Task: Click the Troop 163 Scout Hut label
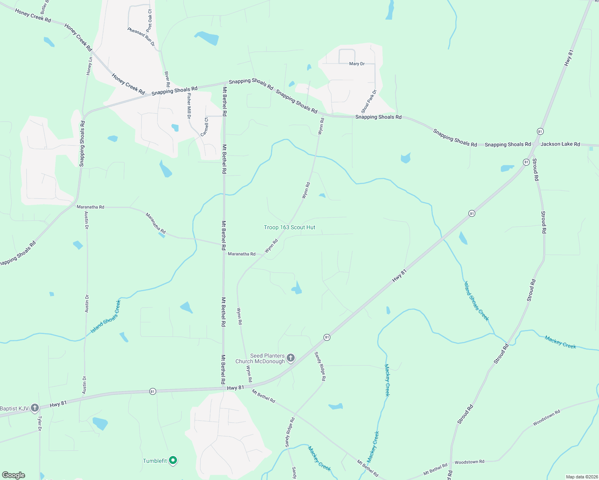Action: pos(289,228)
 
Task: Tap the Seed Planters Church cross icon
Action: pos(291,358)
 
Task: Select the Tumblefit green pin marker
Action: pos(173,460)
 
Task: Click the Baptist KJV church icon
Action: pos(35,408)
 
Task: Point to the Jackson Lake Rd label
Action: pos(560,144)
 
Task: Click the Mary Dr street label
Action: pos(357,64)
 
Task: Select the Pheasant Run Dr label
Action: pos(141,37)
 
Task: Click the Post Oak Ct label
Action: pos(149,21)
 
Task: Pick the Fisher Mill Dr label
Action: pos(189,106)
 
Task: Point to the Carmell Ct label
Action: pos(204,127)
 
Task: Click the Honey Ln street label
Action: pos(89,66)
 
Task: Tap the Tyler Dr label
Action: pos(40,424)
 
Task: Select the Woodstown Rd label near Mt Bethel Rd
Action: pos(469,462)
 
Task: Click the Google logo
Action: pos(14,475)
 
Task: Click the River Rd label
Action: pos(167,79)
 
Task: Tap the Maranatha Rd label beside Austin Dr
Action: pos(90,207)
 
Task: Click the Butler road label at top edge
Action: pos(44,6)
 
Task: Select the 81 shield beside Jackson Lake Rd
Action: pos(540,132)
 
